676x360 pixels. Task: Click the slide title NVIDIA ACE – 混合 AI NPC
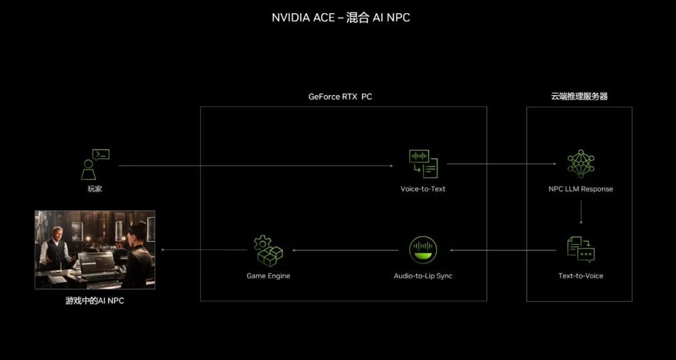click(341, 18)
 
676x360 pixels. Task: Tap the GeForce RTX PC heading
click(340, 97)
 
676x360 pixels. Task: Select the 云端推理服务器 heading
click(579, 96)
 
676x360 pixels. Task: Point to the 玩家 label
click(95, 188)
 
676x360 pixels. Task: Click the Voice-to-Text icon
click(423, 164)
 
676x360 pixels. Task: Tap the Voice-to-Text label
click(423, 188)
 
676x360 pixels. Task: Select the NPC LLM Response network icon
click(580, 164)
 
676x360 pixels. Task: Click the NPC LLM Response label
click(580, 188)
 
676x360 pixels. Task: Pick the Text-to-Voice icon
click(580, 249)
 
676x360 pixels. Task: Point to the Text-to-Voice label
click(580, 275)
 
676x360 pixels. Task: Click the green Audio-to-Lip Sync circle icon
click(423, 249)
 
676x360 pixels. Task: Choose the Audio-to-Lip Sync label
click(423, 275)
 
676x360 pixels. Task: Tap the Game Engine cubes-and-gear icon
click(268, 249)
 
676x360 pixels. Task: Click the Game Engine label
click(268, 275)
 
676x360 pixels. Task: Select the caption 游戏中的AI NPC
click(95, 301)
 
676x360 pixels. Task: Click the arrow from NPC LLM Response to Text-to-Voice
click(581, 212)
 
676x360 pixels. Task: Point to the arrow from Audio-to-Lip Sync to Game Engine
click(345, 250)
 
